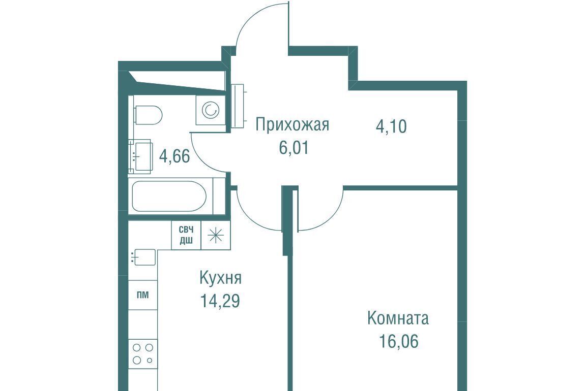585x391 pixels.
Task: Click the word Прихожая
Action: [292, 125]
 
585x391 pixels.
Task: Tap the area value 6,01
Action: [294, 148]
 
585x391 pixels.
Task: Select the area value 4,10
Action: [391, 126]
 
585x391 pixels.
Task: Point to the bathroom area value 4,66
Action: [174, 156]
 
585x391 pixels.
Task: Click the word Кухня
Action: [221, 278]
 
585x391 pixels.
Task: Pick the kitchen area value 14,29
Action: [220, 301]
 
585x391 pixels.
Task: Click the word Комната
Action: [398, 319]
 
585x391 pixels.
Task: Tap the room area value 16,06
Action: [398, 341]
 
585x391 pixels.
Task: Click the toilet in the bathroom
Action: [148, 115]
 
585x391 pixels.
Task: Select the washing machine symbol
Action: [211, 110]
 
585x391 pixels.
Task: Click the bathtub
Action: [170, 196]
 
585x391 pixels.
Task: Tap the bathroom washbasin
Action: [140, 156]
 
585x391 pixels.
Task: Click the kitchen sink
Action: [144, 257]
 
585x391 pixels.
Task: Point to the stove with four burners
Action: [143, 354]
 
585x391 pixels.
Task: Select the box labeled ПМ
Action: [143, 296]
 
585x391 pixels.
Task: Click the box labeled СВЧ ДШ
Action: [186, 235]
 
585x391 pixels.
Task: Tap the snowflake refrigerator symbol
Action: [216, 235]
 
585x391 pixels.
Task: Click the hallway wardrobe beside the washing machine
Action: [237, 106]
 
